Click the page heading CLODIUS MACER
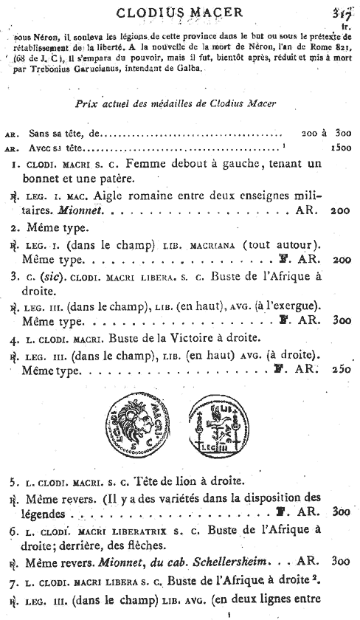pos(181,13)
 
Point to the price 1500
pos(338,147)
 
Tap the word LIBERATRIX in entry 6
pos(131,528)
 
